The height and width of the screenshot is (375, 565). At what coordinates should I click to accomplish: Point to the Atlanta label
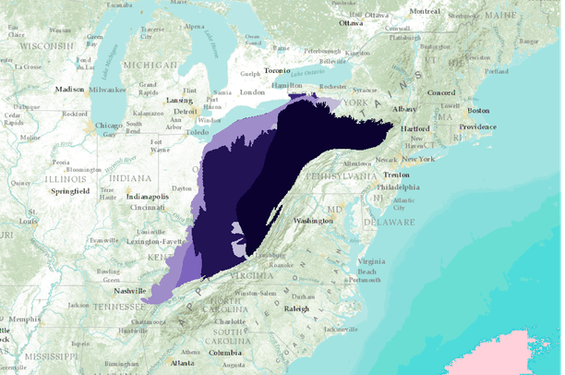click(x=183, y=363)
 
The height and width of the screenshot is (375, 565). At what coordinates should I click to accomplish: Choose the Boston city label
click(x=478, y=110)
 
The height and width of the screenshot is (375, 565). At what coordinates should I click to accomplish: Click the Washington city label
click(x=314, y=222)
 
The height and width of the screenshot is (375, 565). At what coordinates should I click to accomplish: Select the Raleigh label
click(x=296, y=308)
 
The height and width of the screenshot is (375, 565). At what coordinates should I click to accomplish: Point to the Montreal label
click(x=425, y=11)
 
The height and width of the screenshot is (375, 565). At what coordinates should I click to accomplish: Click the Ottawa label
click(x=351, y=22)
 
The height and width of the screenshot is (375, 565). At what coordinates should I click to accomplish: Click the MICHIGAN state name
click(x=150, y=66)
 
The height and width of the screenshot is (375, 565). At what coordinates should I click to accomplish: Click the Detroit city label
click(x=186, y=111)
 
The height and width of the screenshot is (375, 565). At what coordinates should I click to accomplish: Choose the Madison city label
click(x=68, y=90)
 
